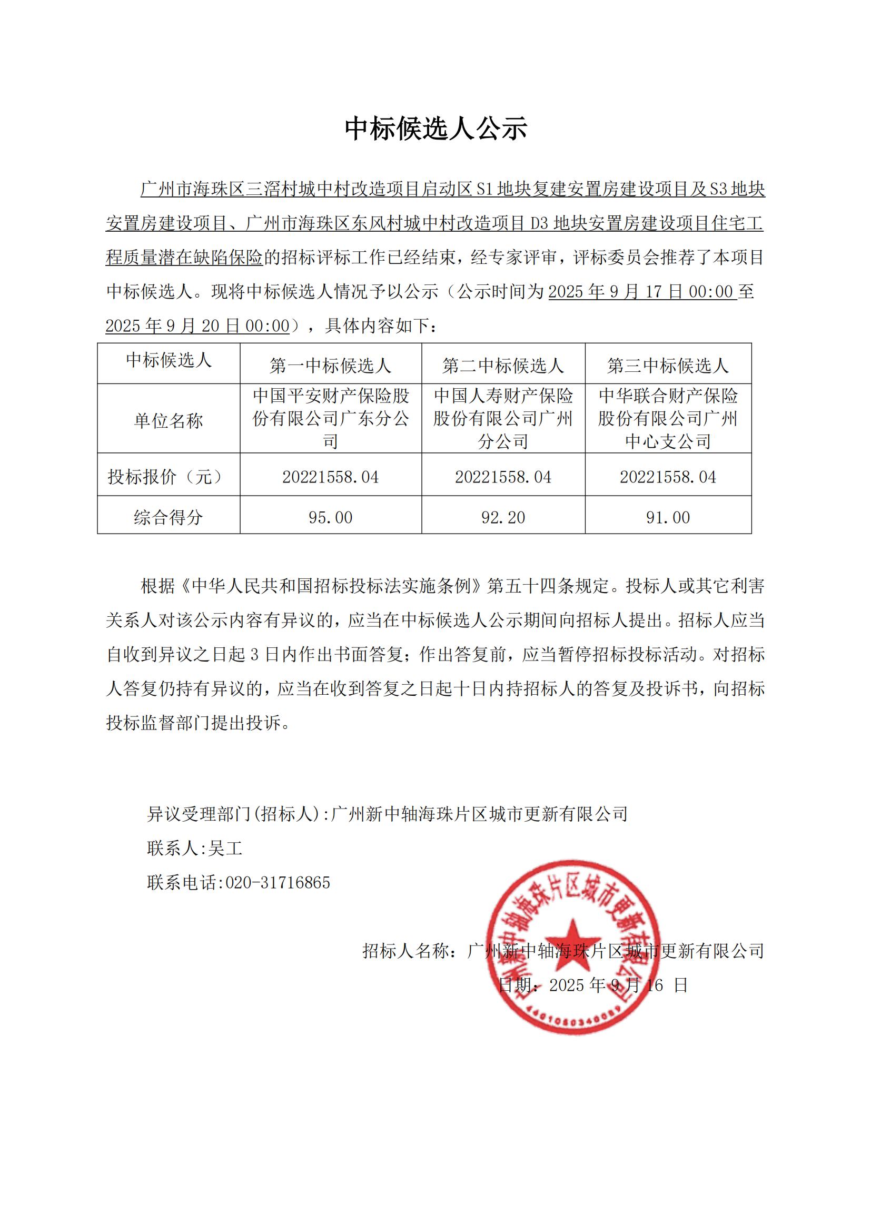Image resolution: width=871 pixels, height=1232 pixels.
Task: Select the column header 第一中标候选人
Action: point(330,366)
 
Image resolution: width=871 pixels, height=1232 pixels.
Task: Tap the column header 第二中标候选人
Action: point(503,366)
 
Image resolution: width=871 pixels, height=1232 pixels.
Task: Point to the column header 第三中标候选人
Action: point(668,366)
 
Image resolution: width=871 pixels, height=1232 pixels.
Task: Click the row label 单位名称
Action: point(169,421)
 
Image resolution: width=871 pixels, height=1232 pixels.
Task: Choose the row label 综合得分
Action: point(169,517)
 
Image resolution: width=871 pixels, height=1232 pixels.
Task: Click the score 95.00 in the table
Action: point(330,517)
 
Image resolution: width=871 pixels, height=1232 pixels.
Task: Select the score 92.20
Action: point(503,517)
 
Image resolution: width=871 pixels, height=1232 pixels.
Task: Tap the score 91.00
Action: point(668,517)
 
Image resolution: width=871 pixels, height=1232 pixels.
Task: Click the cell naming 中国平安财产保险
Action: point(330,419)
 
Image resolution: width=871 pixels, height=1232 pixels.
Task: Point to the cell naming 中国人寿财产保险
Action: point(503,419)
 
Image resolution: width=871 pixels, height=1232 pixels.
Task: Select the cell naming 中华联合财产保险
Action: point(668,419)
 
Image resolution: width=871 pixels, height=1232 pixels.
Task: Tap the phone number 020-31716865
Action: point(278,883)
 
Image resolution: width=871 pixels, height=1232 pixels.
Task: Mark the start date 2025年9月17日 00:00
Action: point(642,292)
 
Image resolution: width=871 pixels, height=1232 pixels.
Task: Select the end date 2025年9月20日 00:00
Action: point(197,326)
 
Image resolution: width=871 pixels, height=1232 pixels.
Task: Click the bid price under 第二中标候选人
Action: point(503,477)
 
